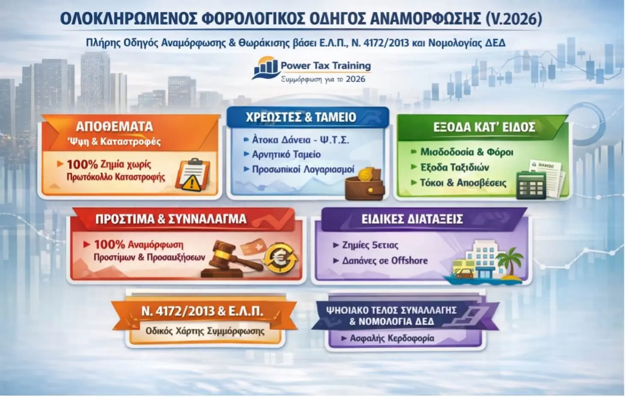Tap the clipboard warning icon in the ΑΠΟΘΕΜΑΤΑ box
click(x=191, y=175)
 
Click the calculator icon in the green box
click(x=531, y=185)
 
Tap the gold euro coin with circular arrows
click(x=280, y=258)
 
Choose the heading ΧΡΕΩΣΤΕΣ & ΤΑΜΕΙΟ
click(x=301, y=117)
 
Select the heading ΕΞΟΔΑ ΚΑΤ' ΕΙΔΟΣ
click(x=484, y=127)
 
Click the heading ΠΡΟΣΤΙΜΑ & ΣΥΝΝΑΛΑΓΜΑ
click(x=171, y=219)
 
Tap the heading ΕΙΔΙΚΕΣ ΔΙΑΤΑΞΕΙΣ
click(x=412, y=219)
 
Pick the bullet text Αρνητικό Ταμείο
click(x=286, y=154)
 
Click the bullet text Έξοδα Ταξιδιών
click(x=454, y=167)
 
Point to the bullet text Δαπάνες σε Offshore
click(x=385, y=261)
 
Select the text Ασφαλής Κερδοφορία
click(x=392, y=338)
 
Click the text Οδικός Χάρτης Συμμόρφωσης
click(x=205, y=331)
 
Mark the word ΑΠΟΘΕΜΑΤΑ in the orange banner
click(x=114, y=127)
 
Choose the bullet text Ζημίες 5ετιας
click(x=370, y=245)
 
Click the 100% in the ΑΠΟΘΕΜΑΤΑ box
click(x=82, y=164)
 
